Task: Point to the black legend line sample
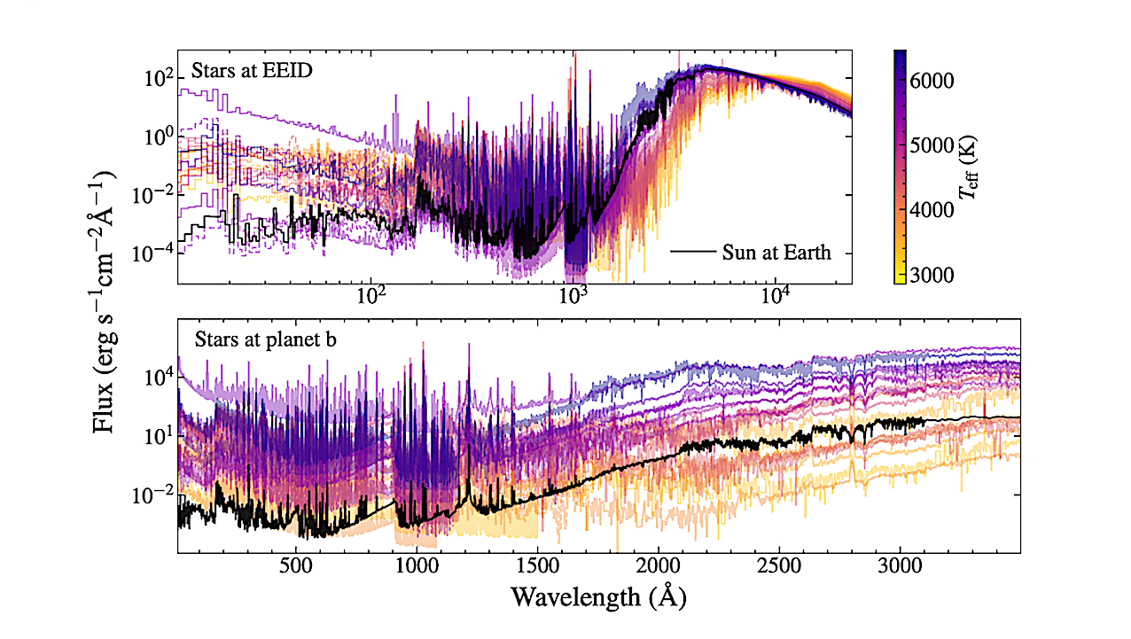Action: (693, 253)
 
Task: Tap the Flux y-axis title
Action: (105, 302)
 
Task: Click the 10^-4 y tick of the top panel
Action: (152, 253)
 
